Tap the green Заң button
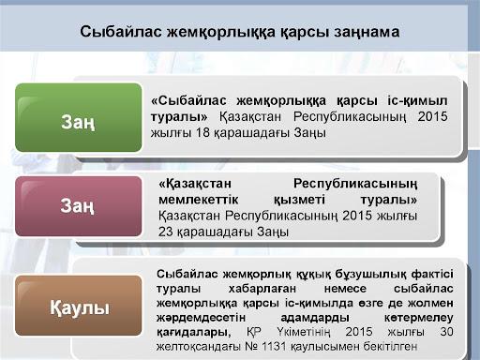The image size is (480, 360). [x=79, y=117]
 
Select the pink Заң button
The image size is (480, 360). [x=79, y=206]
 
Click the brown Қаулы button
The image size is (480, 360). [x=79, y=306]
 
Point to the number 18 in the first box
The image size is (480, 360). [x=202, y=133]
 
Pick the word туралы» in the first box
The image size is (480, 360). [x=179, y=117]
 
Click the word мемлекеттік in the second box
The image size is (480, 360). [x=199, y=200]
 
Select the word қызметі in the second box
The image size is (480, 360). [x=299, y=200]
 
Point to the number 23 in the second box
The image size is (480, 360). [x=165, y=232]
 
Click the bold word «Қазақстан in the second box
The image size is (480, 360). [x=195, y=184]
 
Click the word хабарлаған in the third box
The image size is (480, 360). [x=262, y=289]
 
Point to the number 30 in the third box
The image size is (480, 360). [x=446, y=332]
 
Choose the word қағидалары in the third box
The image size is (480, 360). [x=193, y=333]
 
